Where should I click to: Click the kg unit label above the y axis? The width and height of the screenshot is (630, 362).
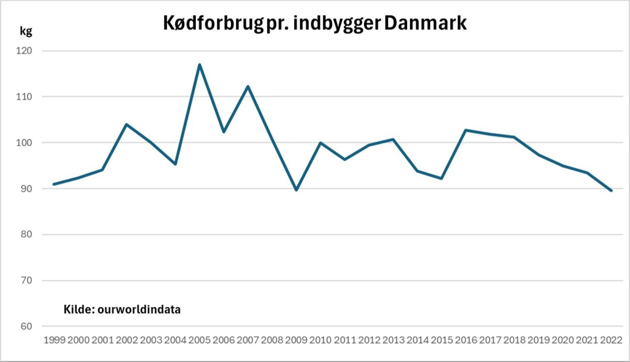[26, 31]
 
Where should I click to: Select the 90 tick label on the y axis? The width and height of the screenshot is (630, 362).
[26, 189]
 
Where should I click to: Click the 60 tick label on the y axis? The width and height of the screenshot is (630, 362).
[26, 326]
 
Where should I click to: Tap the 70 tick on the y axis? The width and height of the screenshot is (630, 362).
[26, 281]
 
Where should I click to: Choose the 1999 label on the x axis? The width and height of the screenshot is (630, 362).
[54, 339]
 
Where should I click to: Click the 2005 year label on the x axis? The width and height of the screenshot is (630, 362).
[199, 339]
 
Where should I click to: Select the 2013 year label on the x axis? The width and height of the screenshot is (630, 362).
[393, 339]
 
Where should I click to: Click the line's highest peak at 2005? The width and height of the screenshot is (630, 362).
[199, 65]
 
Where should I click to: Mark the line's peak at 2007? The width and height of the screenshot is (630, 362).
[248, 86]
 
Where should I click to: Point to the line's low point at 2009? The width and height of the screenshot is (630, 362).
[297, 190]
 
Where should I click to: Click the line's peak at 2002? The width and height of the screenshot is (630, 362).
[127, 125]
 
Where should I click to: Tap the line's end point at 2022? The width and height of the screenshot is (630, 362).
[612, 191]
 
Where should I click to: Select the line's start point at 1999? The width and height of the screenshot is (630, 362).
[54, 184]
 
